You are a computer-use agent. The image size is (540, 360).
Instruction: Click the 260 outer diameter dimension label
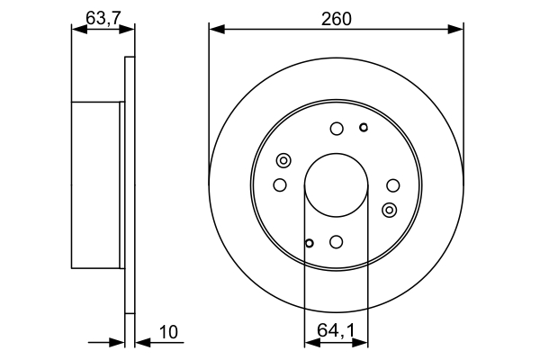[337, 15]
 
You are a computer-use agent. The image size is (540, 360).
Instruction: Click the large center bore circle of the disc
[336, 185]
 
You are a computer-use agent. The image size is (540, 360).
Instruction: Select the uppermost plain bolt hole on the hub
[336, 129]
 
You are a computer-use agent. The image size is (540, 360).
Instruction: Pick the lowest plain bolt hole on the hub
[336, 242]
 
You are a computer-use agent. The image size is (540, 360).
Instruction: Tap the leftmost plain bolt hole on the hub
[279, 185]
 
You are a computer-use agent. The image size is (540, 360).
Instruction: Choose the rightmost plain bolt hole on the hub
[392, 185]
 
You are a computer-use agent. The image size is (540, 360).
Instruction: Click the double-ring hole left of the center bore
[283, 161]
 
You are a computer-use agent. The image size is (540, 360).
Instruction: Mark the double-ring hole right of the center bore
[389, 210]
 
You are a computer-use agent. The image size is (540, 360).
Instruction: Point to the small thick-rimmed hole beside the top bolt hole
[364, 127]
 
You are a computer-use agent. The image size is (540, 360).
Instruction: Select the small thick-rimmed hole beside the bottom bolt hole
[309, 243]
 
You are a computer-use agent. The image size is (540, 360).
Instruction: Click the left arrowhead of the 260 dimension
[214, 30]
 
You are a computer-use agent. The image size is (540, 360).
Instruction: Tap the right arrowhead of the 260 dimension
[458, 30]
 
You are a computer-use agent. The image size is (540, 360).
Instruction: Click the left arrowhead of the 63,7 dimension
[76, 30]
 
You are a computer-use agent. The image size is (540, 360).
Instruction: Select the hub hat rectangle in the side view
[96, 185]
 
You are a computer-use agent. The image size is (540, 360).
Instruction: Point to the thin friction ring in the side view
[130, 185]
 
